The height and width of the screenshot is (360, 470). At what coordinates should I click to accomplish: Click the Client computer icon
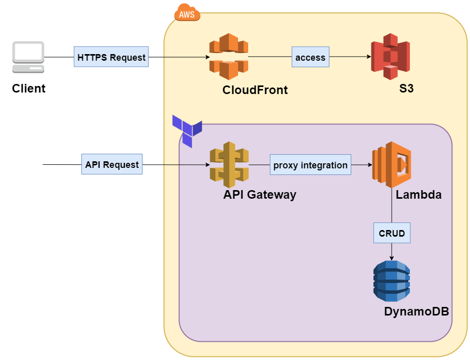[x=28, y=57]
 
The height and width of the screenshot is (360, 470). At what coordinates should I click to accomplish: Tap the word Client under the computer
[x=29, y=88]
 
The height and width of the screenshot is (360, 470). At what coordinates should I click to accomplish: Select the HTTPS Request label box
[x=111, y=57]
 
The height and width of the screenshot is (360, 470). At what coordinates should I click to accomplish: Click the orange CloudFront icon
[x=229, y=57]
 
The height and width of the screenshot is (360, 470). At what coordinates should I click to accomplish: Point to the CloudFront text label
[x=255, y=90]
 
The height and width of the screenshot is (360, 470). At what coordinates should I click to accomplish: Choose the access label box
[x=310, y=57]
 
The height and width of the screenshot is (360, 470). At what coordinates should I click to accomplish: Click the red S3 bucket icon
[x=390, y=57]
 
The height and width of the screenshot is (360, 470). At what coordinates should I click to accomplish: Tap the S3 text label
[x=406, y=88]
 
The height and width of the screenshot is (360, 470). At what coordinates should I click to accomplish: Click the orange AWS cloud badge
[x=187, y=12]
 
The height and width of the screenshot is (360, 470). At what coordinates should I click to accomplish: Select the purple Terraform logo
[x=187, y=131]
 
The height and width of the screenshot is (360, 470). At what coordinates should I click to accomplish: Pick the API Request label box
[x=112, y=164]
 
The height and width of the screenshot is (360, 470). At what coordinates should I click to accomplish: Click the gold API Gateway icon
[x=229, y=165]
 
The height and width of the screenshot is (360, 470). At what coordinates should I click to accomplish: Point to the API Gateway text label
[x=260, y=195]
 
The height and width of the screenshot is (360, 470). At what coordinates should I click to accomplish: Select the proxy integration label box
[x=310, y=165]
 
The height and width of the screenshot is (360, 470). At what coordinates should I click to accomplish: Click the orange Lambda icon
[x=392, y=165]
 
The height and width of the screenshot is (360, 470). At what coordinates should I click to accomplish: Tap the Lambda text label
[x=419, y=195]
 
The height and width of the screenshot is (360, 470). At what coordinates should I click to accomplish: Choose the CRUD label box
[x=392, y=233]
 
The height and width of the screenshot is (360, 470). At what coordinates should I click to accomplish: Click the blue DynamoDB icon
[x=392, y=281]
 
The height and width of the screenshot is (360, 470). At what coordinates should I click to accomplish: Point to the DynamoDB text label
[x=416, y=311]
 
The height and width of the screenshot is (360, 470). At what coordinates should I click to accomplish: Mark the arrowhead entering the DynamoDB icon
[x=392, y=258]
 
